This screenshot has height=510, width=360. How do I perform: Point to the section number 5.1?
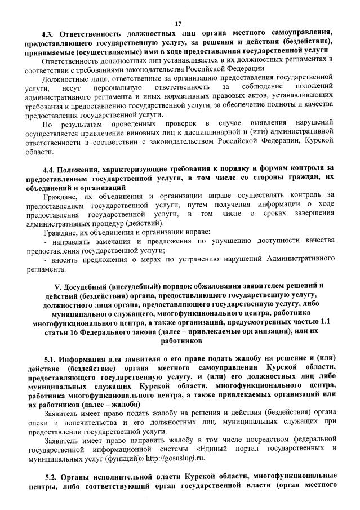coord(52,358)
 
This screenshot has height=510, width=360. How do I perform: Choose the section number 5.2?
coord(52,473)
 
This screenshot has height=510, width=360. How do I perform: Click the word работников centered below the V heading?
coord(180,340)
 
